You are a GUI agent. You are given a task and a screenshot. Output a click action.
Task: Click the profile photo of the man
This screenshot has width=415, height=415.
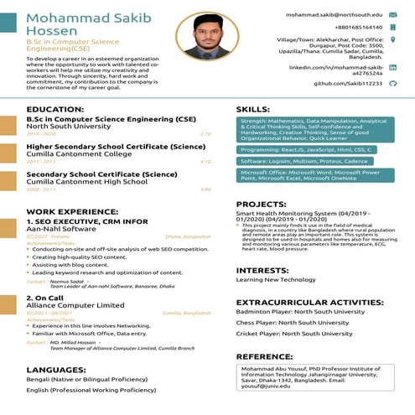pyautogui.click(x=203, y=35)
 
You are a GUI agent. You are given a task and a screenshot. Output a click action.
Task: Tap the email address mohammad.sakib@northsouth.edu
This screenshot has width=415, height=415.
pyautogui.click(x=334, y=15)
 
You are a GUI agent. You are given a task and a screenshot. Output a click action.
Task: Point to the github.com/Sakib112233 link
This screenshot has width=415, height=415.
pyautogui.click(x=347, y=83)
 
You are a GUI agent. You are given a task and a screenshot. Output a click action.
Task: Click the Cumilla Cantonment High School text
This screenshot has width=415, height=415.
pyautogui.click(x=86, y=181)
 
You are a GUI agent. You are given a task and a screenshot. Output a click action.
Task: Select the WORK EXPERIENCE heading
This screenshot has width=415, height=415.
pyautogui.click(x=72, y=211)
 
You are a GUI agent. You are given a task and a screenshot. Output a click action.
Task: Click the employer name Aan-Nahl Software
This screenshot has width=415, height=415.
pyautogui.click(x=61, y=228)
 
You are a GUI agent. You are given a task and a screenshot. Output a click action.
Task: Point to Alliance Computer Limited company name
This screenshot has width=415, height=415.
pyautogui.click(x=75, y=305)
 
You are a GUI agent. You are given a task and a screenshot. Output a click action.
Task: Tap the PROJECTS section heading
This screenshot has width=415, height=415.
pyautogui.click(x=261, y=204)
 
